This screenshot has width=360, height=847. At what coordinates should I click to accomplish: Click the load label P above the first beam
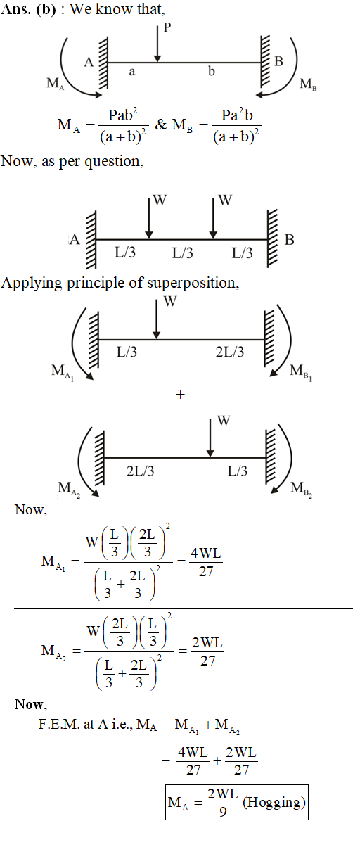[167, 27]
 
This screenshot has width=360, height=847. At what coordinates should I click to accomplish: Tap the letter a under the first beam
[132, 72]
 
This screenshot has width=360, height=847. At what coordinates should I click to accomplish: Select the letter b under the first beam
[212, 70]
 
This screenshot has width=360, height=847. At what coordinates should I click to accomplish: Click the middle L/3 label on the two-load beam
[182, 253]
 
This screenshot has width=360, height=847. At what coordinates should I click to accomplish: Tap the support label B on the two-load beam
[289, 240]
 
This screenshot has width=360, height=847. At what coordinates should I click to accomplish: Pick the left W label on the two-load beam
[160, 200]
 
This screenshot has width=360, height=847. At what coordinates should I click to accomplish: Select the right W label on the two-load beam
[225, 200]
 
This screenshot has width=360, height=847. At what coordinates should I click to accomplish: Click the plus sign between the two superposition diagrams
[180, 395]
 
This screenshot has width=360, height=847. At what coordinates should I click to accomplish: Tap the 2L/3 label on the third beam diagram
[230, 352]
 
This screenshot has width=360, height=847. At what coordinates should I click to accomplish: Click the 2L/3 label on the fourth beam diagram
[140, 471]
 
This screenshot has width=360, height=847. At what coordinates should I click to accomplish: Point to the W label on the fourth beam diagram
[224, 421]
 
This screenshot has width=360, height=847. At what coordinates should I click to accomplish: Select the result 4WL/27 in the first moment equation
[206, 562]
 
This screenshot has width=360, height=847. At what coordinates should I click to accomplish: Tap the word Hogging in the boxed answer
[274, 803]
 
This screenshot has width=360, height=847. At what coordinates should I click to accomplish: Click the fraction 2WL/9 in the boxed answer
[223, 803]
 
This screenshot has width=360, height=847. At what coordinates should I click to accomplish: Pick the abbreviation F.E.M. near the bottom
[59, 724]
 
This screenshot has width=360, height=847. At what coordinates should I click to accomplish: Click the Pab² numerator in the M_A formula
[122, 115]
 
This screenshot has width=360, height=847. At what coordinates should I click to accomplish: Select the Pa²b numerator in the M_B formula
[237, 115]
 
